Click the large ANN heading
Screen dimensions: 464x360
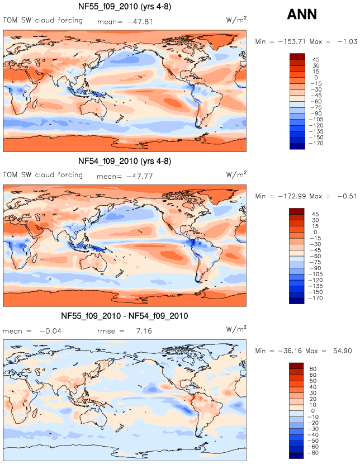point(301,14)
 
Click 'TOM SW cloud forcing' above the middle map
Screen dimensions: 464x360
point(43,175)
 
